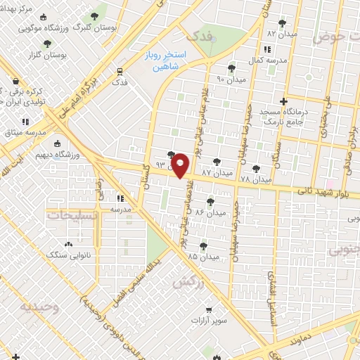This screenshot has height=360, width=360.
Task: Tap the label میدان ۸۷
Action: [217, 172]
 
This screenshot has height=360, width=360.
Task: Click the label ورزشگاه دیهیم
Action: [77, 153]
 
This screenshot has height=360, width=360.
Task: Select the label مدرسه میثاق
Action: [27, 132]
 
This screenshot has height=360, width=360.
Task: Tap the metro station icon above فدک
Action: [120, 70]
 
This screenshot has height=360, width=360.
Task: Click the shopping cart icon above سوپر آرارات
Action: [209, 309]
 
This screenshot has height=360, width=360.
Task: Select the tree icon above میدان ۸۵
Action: [203, 245]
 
